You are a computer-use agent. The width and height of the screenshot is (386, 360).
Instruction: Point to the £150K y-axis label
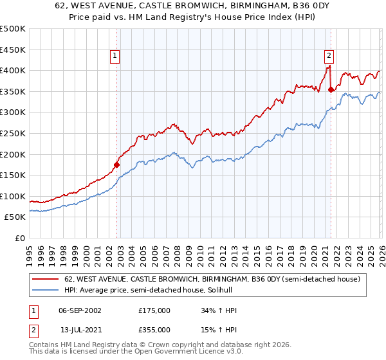pos(13,175)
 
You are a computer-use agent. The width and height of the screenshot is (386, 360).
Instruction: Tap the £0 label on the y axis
pos(20,239)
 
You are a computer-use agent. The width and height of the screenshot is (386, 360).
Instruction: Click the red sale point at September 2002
pos(116,165)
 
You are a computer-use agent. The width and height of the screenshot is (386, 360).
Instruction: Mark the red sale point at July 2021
pos(331,89)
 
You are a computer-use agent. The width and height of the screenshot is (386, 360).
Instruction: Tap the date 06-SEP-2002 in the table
pos(80,310)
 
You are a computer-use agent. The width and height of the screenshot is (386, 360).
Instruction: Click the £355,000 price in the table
pos(154,330)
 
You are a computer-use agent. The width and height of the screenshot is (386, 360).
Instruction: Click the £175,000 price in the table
pos(154,310)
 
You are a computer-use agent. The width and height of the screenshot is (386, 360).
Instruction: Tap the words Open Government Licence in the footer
pos(174,353)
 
